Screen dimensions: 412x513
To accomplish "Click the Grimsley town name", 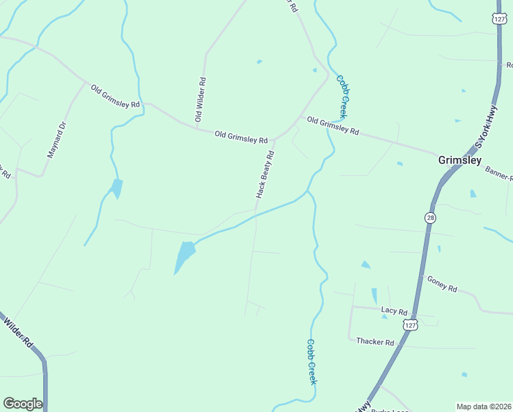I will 460,160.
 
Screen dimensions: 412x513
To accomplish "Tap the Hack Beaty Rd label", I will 265,174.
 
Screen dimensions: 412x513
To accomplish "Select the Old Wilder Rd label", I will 200,100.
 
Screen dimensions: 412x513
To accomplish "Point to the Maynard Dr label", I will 56,140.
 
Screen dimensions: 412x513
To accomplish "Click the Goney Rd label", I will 442,284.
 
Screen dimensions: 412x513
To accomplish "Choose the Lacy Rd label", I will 394,311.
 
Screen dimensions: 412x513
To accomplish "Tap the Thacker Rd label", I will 375,342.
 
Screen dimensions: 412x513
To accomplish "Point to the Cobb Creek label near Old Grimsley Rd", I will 343,97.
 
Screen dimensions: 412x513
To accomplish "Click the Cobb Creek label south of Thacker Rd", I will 311,361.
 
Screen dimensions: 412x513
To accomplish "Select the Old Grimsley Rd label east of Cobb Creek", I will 333,126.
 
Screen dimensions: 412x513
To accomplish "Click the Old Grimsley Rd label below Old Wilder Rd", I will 241,137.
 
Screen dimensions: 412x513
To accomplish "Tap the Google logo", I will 23,404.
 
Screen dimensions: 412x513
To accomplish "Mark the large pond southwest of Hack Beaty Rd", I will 184,255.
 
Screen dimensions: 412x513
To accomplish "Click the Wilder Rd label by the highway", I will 19,332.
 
